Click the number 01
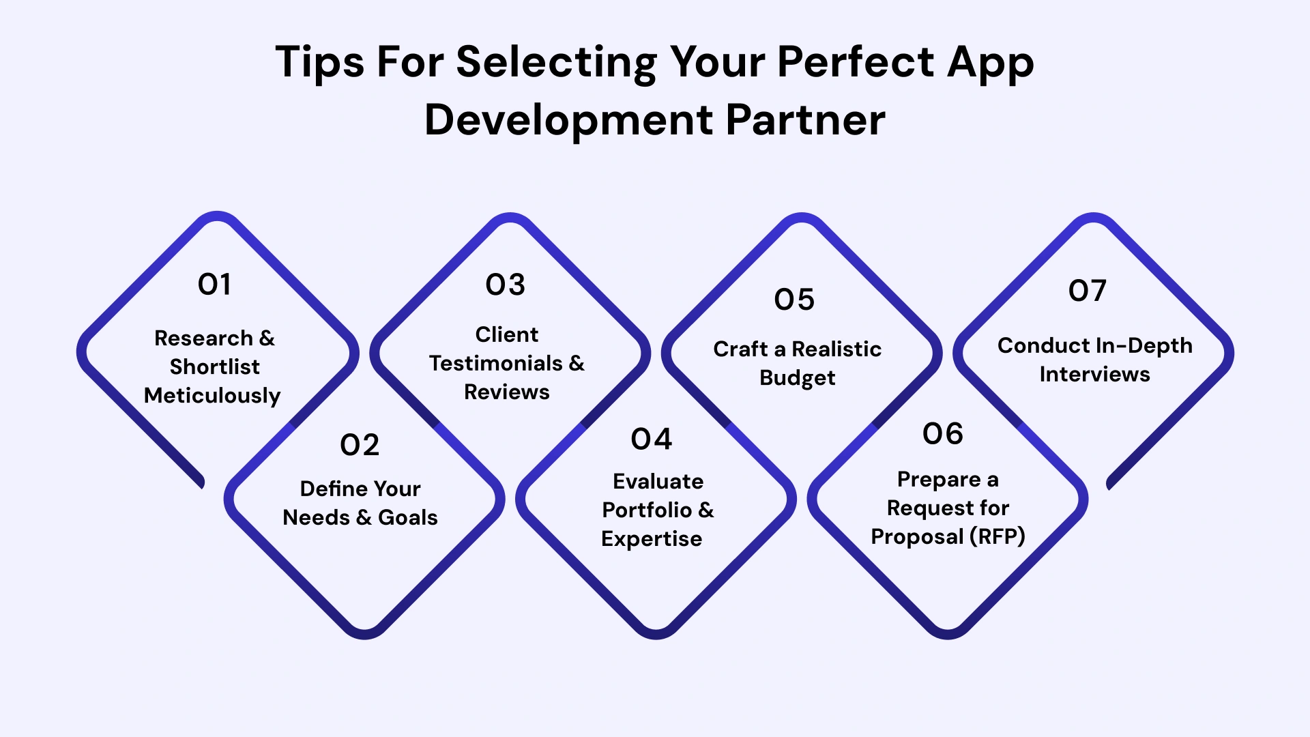click(214, 285)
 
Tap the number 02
click(360, 446)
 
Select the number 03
click(506, 285)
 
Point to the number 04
click(652, 439)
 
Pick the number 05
click(794, 300)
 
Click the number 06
click(943, 434)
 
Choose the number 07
click(1088, 291)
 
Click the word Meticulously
click(212, 396)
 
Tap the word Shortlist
click(214, 367)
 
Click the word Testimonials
click(496, 364)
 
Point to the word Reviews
click(507, 392)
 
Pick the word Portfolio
click(647, 510)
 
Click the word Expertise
click(652, 539)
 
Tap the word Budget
click(797, 378)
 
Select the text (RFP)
click(997, 537)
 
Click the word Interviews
click(1094, 375)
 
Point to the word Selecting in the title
click(556, 63)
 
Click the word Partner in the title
click(805, 121)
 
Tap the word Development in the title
click(569, 121)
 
